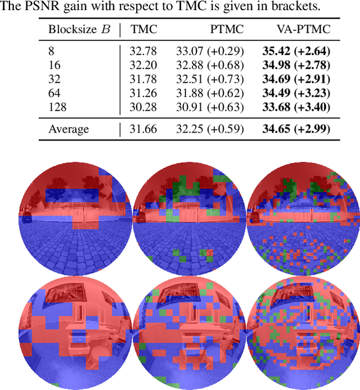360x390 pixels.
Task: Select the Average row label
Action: pyautogui.click(x=69, y=129)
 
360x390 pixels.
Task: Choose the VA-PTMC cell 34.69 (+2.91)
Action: pyautogui.click(x=296, y=79)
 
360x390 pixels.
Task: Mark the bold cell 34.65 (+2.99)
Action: pyautogui.click(x=296, y=129)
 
